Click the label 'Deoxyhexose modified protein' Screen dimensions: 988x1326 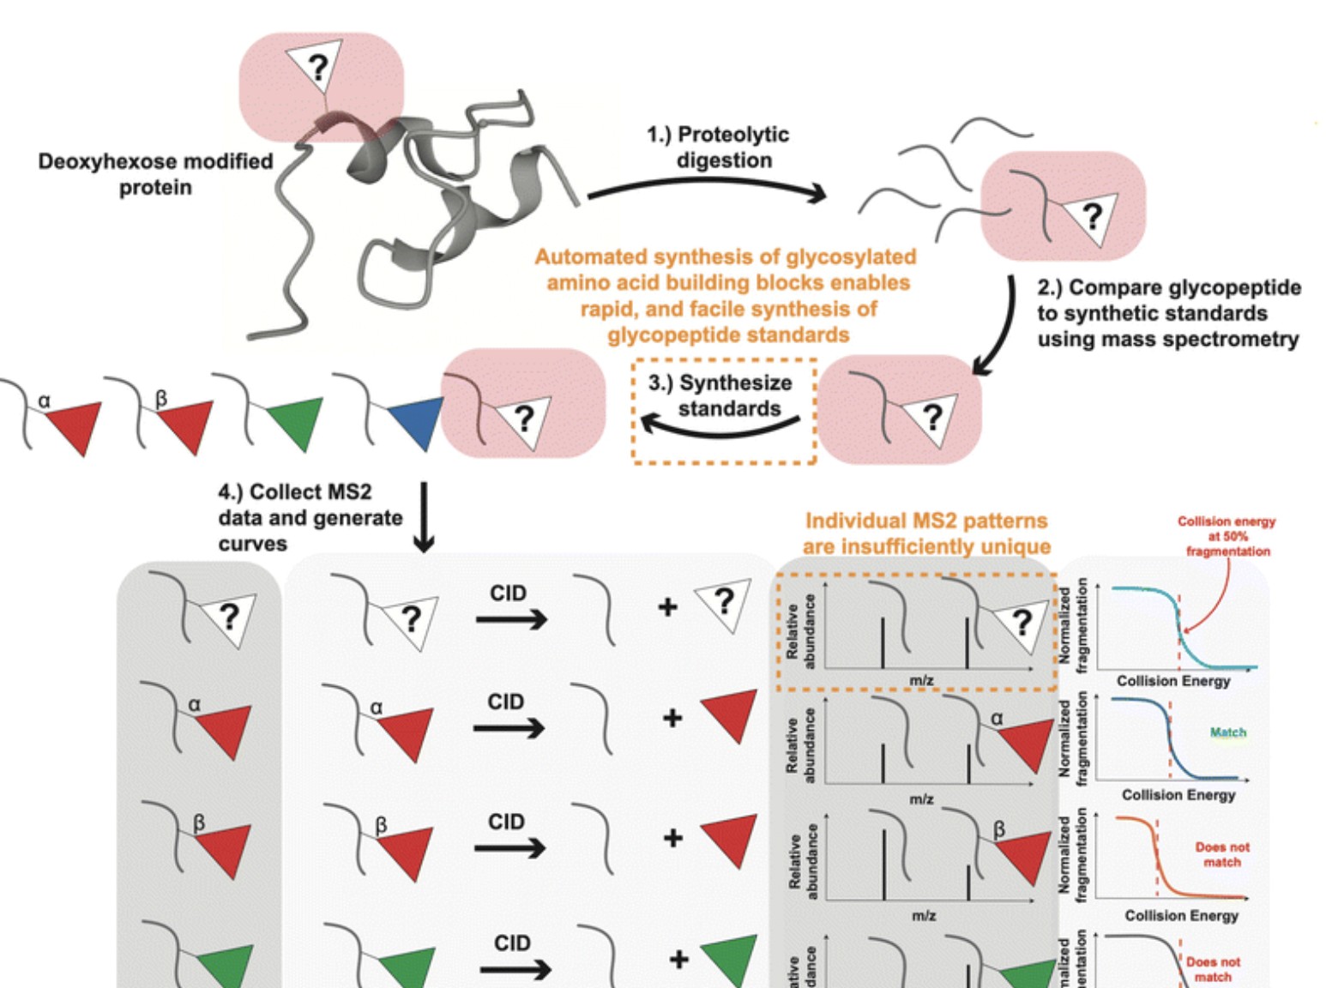(x=155, y=174)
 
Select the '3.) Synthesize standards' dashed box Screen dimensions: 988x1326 (x=725, y=412)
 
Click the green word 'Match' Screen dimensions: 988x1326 (x=1227, y=732)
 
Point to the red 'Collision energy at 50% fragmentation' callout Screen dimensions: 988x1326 (x=1227, y=536)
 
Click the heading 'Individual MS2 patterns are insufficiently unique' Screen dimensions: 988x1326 (x=926, y=533)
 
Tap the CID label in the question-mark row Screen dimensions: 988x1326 (x=508, y=593)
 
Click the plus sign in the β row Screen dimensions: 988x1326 (x=673, y=837)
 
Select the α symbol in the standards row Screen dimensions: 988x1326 (x=45, y=400)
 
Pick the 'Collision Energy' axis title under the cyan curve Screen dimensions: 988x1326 (x=1172, y=681)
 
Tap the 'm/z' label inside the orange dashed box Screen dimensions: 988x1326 (x=921, y=680)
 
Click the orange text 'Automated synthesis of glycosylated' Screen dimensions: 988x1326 (x=726, y=256)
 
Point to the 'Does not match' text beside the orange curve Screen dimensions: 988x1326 (x=1222, y=854)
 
